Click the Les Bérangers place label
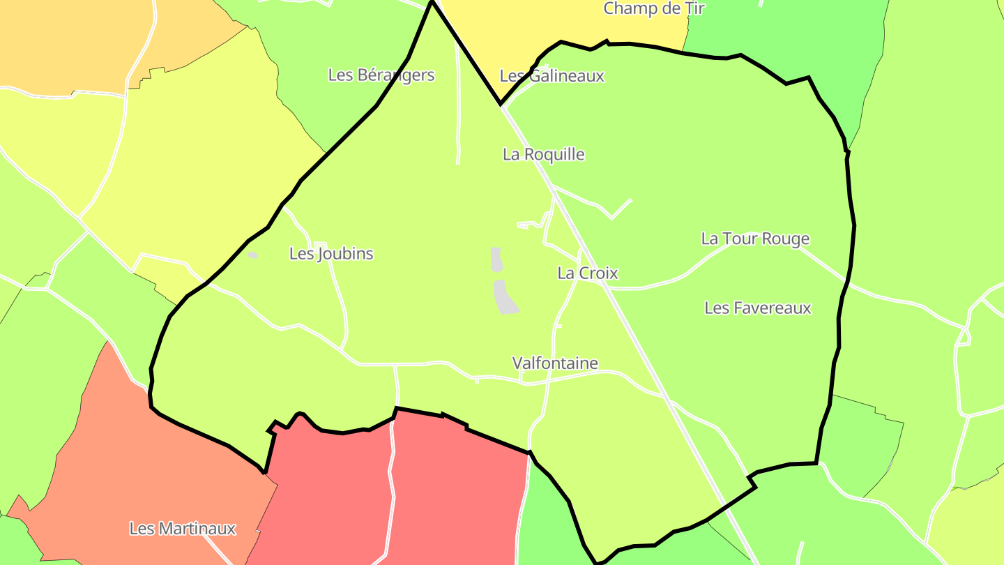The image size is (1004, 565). [381, 75]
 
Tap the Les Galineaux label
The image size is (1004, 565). [552, 76]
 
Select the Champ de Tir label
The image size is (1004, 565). [654, 8]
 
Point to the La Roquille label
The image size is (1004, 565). [544, 154]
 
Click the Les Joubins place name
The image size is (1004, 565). [331, 254]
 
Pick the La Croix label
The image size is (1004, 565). [588, 273]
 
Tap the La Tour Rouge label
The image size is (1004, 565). [755, 239]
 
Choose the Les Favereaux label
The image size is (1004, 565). [758, 308]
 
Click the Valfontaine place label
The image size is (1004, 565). [555, 363]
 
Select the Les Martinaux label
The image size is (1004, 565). [183, 529]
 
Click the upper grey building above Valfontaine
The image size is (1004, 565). [496, 259]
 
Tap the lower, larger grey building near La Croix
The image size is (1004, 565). [505, 297]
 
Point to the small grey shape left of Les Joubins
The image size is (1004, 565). [252, 255]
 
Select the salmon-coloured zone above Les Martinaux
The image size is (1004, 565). [139, 453]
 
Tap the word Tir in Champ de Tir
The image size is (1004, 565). [694, 8]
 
